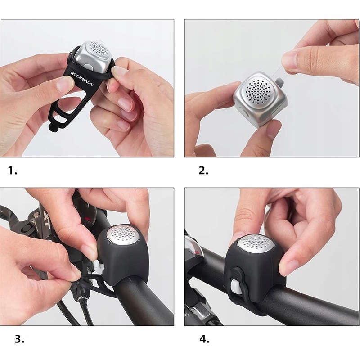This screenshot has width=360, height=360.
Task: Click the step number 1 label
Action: click(13, 171)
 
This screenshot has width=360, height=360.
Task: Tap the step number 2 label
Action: click(204, 171)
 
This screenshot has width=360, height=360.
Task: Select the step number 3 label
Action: click(19, 339)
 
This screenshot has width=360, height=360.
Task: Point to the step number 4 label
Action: click(204, 339)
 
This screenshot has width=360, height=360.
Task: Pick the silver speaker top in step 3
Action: click(123, 234)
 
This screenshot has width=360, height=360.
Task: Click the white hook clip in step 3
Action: click(99, 267)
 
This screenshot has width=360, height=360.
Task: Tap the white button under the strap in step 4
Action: click(235, 287)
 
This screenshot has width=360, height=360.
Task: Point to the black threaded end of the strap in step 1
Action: click(53, 127)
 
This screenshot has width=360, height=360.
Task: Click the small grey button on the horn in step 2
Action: click(279, 81)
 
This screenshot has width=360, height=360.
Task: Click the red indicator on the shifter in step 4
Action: click(197, 253)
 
